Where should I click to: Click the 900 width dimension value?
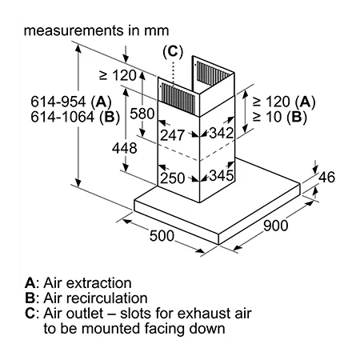(275, 226)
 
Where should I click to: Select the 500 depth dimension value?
(162, 236)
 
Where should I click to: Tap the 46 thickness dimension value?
(326, 178)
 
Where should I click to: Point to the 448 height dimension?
(124, 148)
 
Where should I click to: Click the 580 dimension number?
(142, 114)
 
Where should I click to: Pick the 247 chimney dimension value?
(172, 135)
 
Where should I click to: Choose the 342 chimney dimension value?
(221, 133)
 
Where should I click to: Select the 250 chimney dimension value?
(172, 178)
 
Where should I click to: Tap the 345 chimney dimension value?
(222, 175)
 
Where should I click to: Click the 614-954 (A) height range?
(71, 102)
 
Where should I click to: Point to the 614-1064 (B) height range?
(75, 117)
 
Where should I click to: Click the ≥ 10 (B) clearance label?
(280, 117)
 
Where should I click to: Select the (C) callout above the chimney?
(173, 51)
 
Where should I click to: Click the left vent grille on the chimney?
(178, 98)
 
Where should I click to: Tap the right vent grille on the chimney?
(213, 74)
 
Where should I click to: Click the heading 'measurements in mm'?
(96, 30)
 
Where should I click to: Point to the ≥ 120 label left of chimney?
(118, 75)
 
